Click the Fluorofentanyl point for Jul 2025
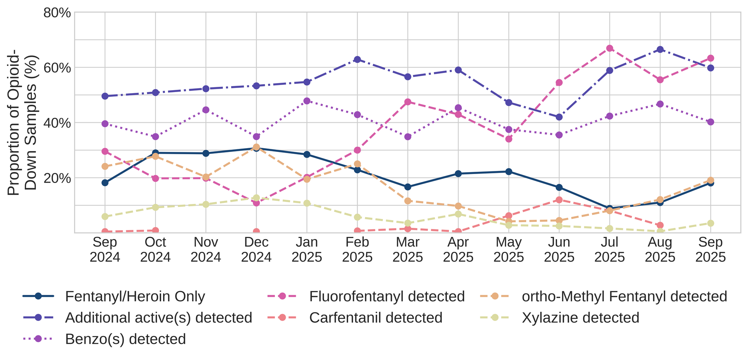(610, 48)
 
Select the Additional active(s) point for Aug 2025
(660, 49)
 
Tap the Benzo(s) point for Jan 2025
(307, 101)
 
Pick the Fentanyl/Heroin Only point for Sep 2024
(105, 183)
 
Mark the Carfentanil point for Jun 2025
(559, 200)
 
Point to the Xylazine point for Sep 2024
(105, 217)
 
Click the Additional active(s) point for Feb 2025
(358, 60)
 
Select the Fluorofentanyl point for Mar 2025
(408, 102)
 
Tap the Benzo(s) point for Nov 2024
(206, 110)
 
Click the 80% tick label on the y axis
(57, 13)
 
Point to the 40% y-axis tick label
(57, 123)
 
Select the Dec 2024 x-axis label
(256, 250)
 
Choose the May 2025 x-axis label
(509, 250)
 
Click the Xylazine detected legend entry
(580, 318)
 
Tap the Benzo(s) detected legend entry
(125, 339)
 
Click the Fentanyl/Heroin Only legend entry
(135, 296)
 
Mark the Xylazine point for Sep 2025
(711, 223)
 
